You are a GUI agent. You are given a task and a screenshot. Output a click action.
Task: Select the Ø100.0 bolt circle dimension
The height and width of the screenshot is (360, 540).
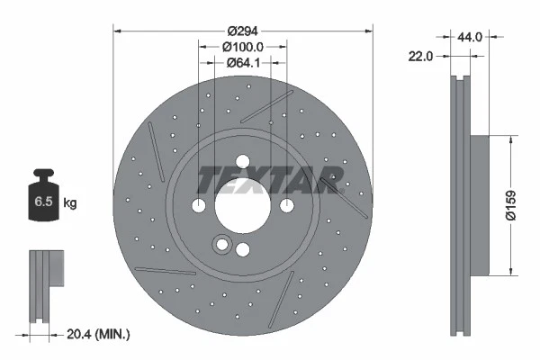click(x=243, y=47)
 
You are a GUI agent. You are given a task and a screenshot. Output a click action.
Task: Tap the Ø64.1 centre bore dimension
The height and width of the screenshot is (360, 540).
click(x=243, y=63)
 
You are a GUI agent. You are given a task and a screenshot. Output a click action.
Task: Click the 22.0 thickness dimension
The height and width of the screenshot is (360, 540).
click(x=421, y=56)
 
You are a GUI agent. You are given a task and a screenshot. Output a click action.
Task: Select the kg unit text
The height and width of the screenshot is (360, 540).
click(x=70, y=202)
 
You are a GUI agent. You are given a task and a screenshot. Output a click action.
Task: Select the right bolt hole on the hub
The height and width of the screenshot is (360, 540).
click(x=287, y=206)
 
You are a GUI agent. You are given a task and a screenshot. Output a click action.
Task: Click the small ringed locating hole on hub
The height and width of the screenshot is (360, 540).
click(x=220, y=244)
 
